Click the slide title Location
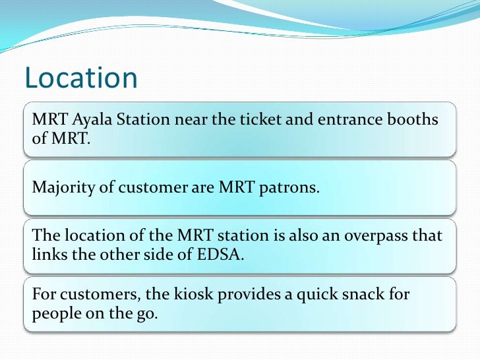click(81, 78)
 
